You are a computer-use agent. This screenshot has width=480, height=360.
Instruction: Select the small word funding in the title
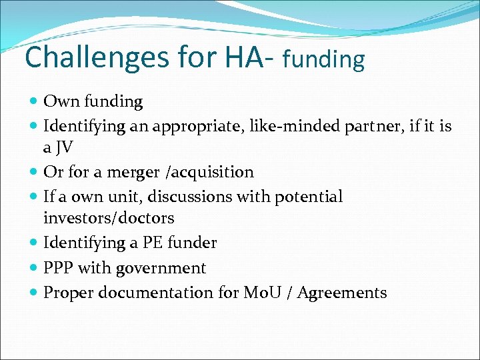[x=323, y=60]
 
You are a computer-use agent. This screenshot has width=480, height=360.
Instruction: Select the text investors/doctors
[x=109, y=218]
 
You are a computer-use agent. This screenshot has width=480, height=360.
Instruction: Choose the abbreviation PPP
[x=58, y=268]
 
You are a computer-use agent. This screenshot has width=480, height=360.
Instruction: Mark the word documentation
[x=155, y=293]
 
